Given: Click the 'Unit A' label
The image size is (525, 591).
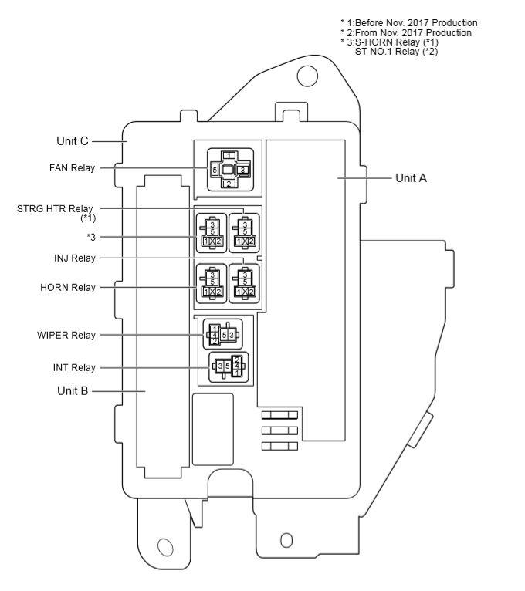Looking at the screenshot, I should click(411, 177).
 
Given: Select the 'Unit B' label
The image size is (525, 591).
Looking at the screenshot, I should click(73, 390).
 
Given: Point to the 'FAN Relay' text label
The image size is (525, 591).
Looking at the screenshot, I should click(70, 167).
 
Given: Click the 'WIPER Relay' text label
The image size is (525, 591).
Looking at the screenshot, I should click(67, 335).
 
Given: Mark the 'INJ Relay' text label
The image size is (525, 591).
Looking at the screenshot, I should click(74, 258).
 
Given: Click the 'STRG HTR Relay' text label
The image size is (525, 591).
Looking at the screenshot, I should click(55, 208).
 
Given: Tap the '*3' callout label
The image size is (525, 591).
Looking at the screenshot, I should click(91, 237).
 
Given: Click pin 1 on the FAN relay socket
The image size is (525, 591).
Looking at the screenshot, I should click(229, 155).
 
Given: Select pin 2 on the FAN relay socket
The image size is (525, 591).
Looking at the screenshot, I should click(229, 184).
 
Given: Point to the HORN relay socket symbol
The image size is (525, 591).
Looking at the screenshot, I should click(211, 282).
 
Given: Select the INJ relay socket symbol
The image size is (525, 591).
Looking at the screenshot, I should click(244, 282).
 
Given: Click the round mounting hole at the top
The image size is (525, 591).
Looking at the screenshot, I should click(307, 76).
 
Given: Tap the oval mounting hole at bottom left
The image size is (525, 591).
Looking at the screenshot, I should click(164, 547).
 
